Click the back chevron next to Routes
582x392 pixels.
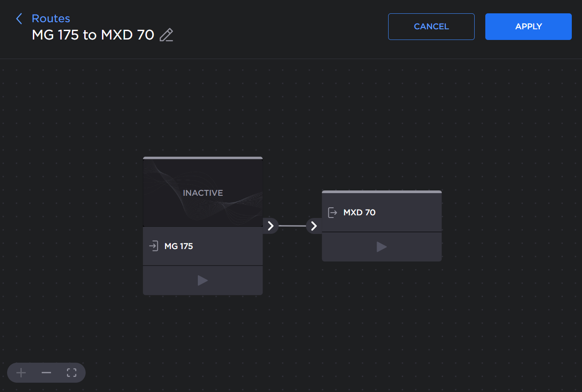(x=19, y=19)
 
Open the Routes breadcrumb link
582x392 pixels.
(x=51, y=19)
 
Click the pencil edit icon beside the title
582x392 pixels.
(x=166, y=35)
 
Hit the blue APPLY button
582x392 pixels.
(x=528, y=27)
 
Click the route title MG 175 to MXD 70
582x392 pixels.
(x=93, y=35)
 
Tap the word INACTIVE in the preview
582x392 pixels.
(x=203, y=193)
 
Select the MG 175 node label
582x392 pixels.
(x=179, y=246)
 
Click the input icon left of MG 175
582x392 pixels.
(x=153, y=246)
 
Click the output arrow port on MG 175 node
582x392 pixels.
(x=271, y=226)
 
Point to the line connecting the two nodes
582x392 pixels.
(x=292, y=226)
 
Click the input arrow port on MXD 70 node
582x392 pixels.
(x=314, y=226)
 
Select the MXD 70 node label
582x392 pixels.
(x=359, y=213)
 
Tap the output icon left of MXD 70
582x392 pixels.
(x=332, y=213)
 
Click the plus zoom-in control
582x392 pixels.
(x=21, y=372)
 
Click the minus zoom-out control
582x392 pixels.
(x=46, y=372)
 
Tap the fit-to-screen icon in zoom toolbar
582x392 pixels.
(x=71, y=372)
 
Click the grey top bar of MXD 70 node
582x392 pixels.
(x=381, y=192)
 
